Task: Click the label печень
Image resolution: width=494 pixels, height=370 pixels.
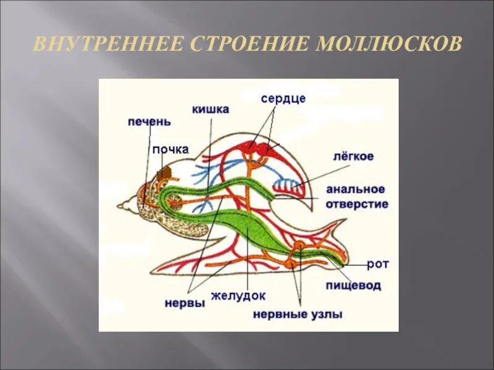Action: click(149, 121)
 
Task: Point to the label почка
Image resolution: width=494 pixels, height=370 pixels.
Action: click(170, 149)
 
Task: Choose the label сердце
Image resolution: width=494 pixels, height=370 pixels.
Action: click(283, 98)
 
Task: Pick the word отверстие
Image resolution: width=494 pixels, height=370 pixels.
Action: click(358, 203)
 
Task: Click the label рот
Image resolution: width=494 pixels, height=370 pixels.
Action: click(377, 264)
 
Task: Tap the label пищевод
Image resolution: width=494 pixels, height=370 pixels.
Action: click(353, 286)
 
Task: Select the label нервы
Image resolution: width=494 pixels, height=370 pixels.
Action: click(185, 303)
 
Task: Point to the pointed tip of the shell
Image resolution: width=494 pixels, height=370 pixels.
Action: click(120, 205)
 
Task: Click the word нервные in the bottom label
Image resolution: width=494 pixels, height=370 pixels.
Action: click(281, 314)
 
